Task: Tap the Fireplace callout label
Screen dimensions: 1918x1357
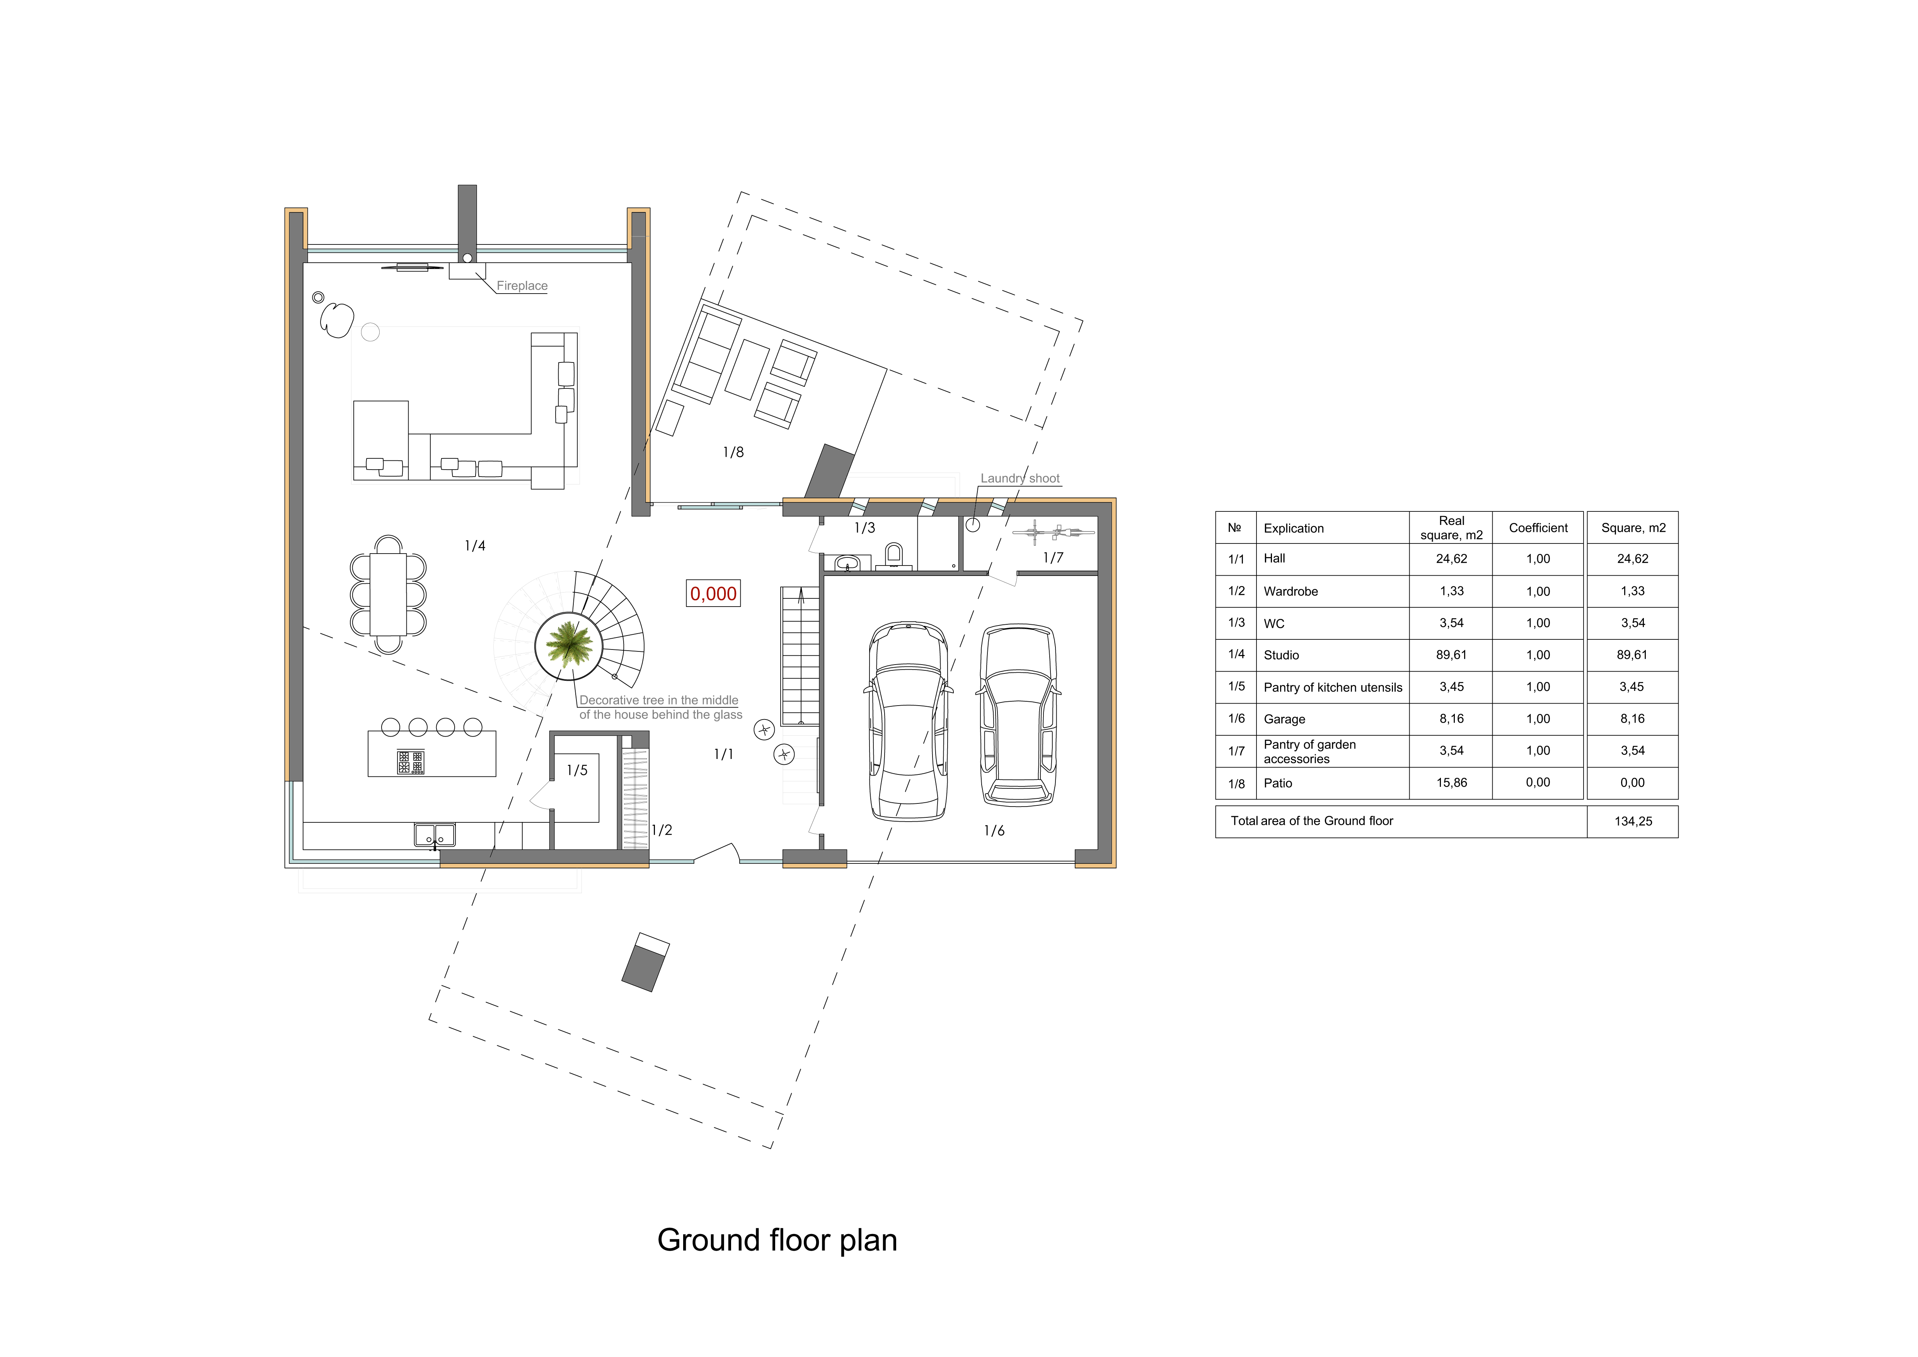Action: (x=522, y=286)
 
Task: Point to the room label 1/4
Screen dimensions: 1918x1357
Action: (x=474, y=546)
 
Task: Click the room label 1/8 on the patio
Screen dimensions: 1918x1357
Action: (x=733, y=452)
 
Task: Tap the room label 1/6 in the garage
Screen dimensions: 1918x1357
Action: (x=994, y=831)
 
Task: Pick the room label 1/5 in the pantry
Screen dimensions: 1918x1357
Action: (x=577, y=771)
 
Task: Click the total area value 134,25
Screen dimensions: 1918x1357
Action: (x=1633, y=821)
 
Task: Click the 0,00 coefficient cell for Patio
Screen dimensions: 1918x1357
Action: (x=1538, y=783)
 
